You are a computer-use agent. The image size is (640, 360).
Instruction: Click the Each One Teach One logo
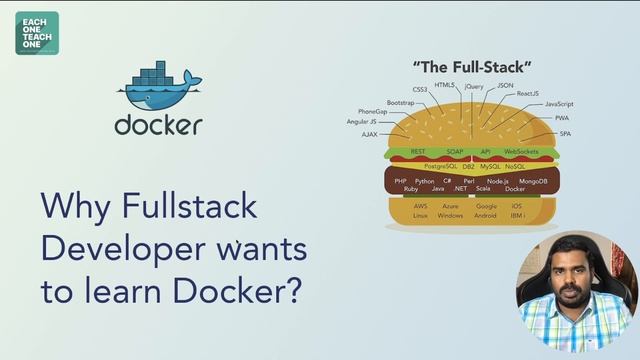tap(37, 32)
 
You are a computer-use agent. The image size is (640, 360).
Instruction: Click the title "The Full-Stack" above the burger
tap(471, 68)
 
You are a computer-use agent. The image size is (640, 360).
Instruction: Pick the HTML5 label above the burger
tap(445, 86)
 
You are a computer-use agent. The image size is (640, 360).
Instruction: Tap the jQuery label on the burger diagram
tap(474, 87)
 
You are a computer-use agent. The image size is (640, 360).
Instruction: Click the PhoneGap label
tap(373, 111)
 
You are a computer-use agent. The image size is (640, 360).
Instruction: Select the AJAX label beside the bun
tap(369, 133)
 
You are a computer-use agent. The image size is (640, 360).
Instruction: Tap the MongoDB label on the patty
tap(533, 181)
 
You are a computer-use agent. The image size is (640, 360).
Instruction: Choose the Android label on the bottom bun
tap(485, 215)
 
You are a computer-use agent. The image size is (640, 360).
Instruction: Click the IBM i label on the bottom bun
tap(517, 215)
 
